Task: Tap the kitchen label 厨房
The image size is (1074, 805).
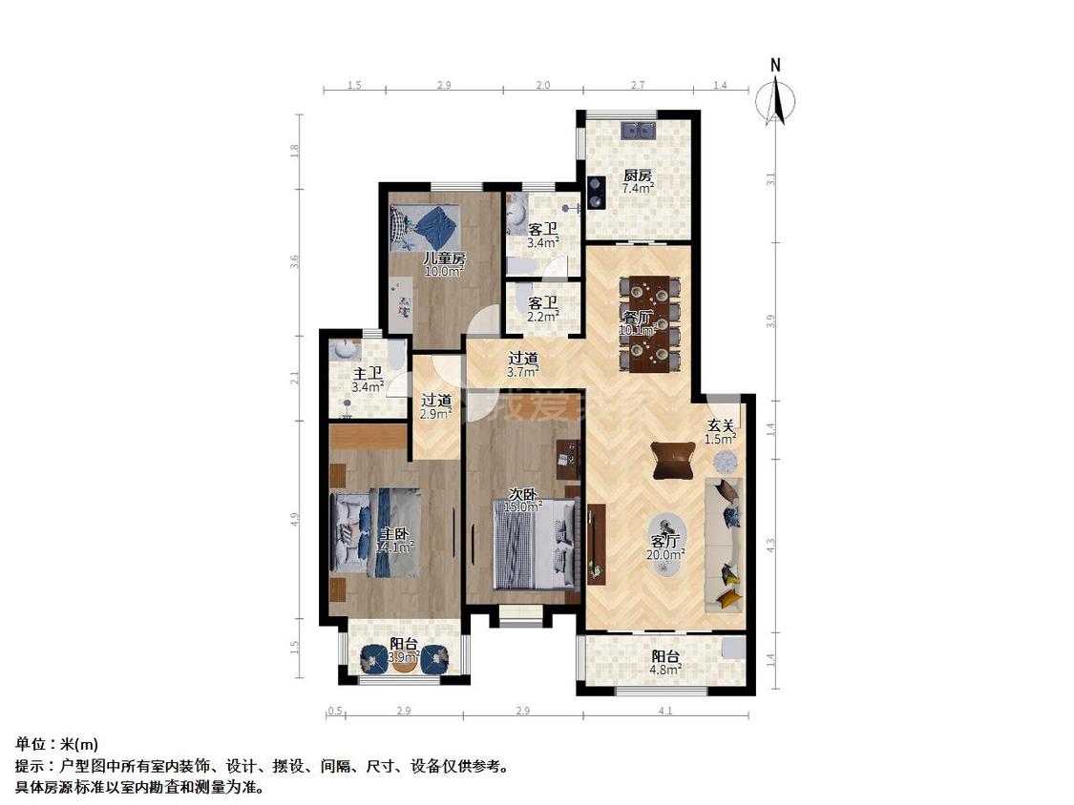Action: pos(638,175)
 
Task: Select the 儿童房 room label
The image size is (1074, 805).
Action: pos(445,258)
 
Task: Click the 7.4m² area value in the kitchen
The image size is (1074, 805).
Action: pos(638,189)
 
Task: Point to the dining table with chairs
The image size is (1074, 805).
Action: pos(649,322)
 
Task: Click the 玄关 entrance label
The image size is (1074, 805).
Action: pos(720,425)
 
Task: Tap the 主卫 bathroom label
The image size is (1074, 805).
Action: pos(368,374)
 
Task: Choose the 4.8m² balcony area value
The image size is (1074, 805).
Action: pos(666,670)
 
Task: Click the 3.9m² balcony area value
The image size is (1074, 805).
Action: pos(404,657)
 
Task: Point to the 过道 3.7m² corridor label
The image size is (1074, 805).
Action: pos(522,364)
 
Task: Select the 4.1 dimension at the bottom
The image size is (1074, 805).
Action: pos(665,711)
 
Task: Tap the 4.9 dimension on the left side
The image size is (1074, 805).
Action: pos(295,520)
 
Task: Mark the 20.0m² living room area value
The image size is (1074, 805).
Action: pos(665,554)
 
